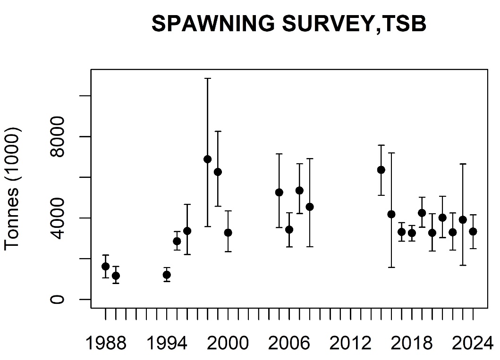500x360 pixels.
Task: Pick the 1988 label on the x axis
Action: coord(105,343)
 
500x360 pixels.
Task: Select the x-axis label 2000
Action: coord(228,343)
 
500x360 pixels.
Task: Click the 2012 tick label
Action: coord(350,343)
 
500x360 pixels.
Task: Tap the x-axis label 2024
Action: coord(472,343)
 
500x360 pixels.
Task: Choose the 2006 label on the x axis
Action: coord(289,343)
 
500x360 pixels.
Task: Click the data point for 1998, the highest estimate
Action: coord(207,159)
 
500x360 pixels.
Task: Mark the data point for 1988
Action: coord(105,266)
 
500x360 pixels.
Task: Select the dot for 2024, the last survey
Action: coord(473,231)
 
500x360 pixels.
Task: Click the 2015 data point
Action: coord(381,170)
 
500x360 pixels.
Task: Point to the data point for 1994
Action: coord(167,275)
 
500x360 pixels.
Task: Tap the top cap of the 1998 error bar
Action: coord(207,78)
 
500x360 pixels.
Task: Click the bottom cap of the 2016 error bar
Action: coord(391,268)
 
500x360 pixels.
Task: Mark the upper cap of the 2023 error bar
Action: coord(463,164)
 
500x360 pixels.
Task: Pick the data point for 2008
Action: coord(310,207)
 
